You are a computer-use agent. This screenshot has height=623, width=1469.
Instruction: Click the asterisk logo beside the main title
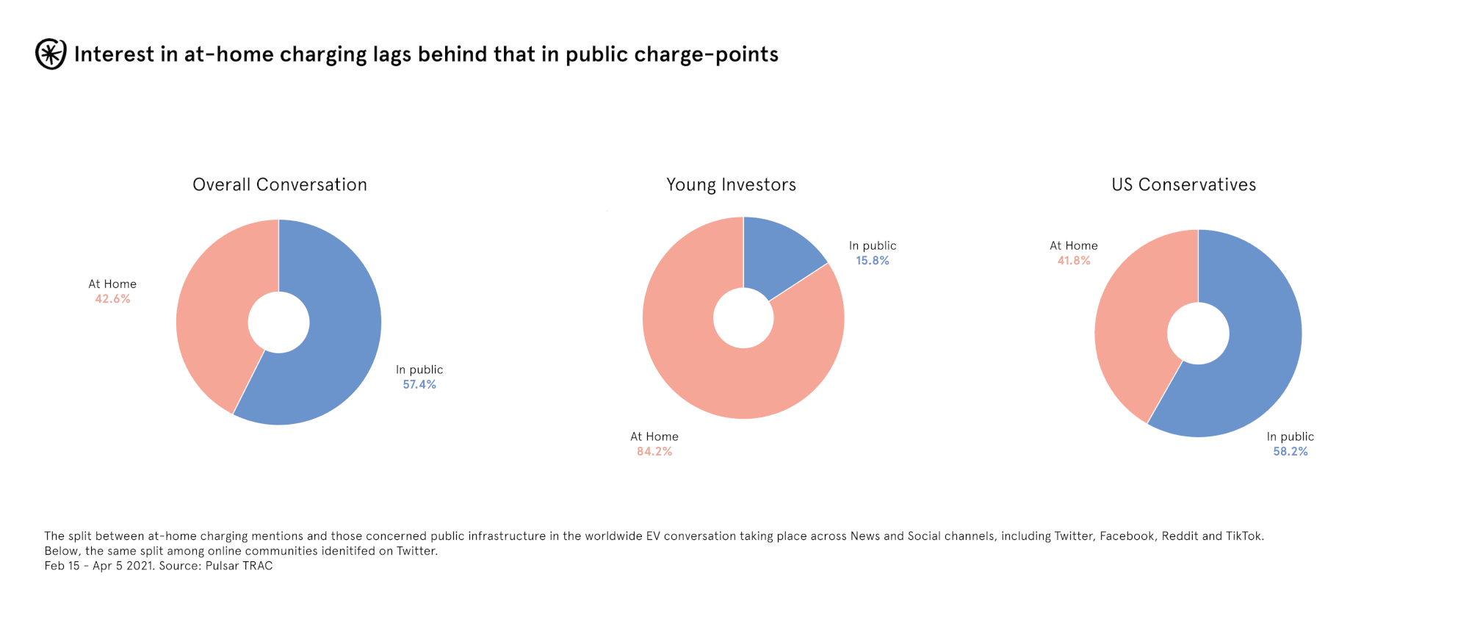pos(51,54)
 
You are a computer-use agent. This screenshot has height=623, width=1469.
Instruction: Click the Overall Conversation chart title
pos(280,184)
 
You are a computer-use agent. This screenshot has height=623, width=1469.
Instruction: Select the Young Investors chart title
pos(731,184)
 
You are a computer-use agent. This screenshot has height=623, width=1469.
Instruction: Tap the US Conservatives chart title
pos(1183,184)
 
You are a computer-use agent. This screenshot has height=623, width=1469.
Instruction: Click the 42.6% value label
pos(112,299)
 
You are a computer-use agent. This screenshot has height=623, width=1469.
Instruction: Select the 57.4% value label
pos(419,384)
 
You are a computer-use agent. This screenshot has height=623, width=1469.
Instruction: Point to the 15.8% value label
pos(873,261)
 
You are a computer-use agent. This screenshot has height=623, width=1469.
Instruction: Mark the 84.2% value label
pos(654,452)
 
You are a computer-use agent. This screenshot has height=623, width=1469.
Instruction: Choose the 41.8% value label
pos(1074,261)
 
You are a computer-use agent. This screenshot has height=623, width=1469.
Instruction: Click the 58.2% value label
pos(1291,452)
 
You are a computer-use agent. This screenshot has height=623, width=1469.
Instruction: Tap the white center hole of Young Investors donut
pos(743,318)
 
